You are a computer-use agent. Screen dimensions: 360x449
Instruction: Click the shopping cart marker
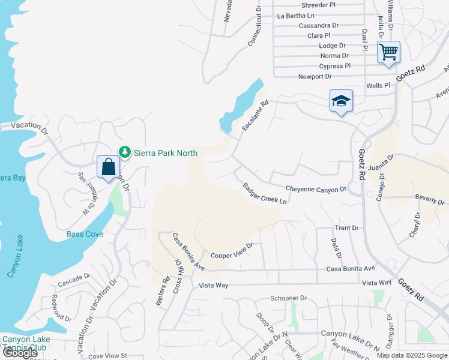(x=388, y=52)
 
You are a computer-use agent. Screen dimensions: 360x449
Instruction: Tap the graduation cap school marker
(x=340, y=101)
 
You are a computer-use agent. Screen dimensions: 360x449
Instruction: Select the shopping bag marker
(x=108, y=167)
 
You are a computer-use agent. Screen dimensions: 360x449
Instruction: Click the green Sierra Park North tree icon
(x=125, y=152)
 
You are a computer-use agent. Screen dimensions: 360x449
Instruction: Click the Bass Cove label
(x=85, y=234)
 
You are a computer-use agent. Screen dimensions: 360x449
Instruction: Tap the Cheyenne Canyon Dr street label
(x=316, y=189)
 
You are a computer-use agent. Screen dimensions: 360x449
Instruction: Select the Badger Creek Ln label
(x=265, y=193)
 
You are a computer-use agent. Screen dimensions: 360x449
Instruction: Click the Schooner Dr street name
(x=288, y=298)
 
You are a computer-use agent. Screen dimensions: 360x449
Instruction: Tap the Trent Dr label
(x=346, y=228)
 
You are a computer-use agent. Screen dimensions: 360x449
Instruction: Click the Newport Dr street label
(x=315, y=77)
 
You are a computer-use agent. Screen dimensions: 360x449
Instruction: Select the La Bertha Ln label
(x=295, y=16)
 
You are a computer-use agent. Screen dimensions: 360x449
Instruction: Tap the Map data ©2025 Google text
(x=411, y=355)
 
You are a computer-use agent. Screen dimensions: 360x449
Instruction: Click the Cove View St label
(x=108, y=356)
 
